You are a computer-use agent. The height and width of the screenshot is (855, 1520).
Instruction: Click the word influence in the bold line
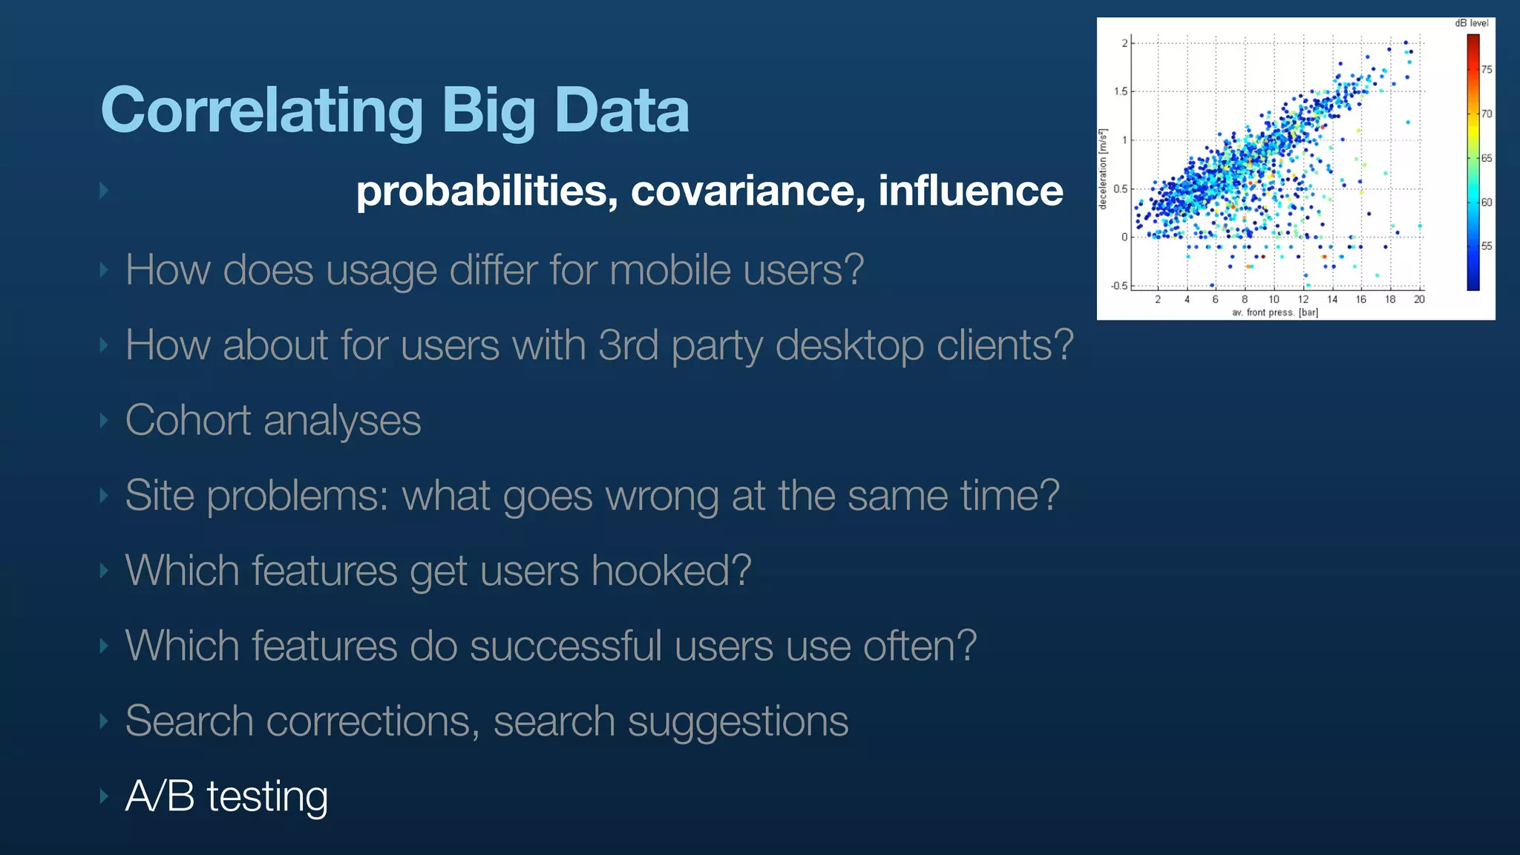tap(970, 191)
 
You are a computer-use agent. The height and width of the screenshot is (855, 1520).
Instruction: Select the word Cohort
tap(188, 420)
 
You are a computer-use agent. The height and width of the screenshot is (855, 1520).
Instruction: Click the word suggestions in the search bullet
tap(738, 721)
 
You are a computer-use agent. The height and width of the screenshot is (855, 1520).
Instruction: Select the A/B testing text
tap(226, 796)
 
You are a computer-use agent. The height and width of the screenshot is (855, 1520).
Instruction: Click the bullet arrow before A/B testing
tap(104, 796)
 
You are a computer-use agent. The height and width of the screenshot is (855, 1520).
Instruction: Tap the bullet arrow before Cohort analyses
tap(104, 420)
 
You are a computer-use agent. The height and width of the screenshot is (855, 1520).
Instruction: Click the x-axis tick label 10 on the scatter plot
tap(1274, 299)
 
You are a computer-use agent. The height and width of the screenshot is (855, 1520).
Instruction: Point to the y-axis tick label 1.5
tap(1120, 91)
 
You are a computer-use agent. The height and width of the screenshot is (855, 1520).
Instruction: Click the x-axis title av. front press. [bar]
tap(1275, 312)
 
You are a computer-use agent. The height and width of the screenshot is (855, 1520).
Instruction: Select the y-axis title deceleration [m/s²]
tap(1104, 169)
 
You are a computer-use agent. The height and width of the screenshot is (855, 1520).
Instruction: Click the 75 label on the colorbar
tap(1487, 70)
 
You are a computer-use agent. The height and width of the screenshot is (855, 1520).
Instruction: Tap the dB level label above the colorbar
tap(1471, 23)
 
